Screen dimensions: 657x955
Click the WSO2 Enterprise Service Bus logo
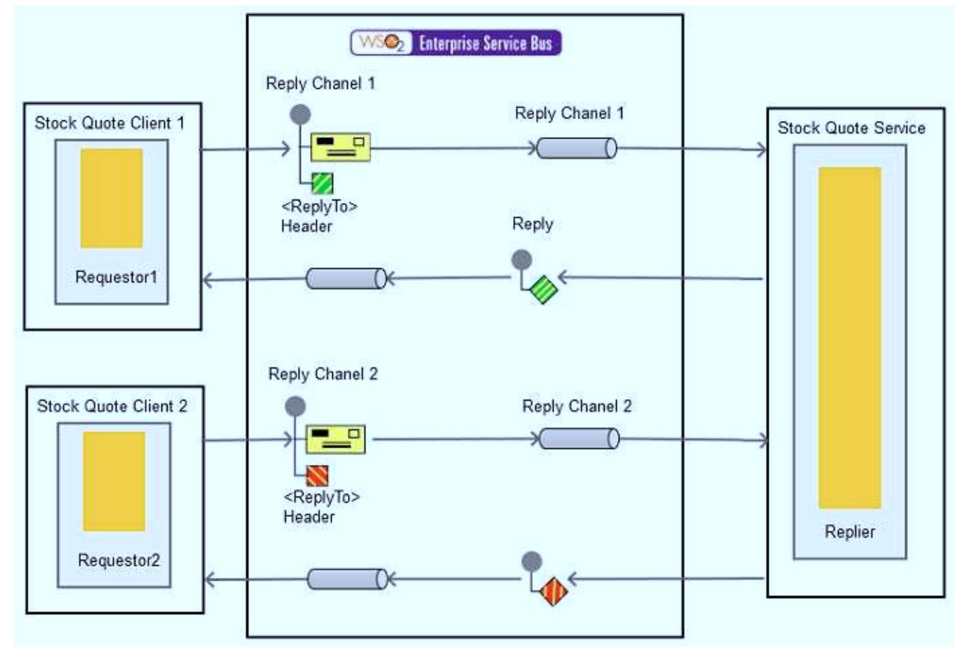[x=456, y=43]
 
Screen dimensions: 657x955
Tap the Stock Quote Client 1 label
[x=110, y=123]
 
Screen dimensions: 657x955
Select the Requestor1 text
[x=116, y=277]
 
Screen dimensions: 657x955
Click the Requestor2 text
[x=119, y=560]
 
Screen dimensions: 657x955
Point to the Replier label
[x=849, y=531]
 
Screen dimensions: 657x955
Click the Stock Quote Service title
[x=852, y=128]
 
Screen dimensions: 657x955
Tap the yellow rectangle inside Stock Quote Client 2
[x=114, y=481]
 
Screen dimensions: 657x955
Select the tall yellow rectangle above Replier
[x=849, y=338]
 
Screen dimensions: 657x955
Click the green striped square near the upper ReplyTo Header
[x=322, y=183]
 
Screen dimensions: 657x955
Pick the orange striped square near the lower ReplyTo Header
[x=317, y=476]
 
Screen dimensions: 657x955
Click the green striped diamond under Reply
[x=543, y=290]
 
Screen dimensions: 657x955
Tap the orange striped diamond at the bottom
[x=554, y=591]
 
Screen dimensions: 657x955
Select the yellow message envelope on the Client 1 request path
[x=341, y=147]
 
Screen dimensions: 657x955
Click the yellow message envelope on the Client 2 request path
[x=335, y=439]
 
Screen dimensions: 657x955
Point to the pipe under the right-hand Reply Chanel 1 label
[x=576, y=148]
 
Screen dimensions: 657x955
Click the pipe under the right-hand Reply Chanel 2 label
[x=579, y=439]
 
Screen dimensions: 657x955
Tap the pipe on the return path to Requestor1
[x=346, y=278]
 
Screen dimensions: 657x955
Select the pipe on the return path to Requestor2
[x=347, y=579]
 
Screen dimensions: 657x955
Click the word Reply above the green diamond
[x=532, y=224]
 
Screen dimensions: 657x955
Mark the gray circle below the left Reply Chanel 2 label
[x=295, y=406]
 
